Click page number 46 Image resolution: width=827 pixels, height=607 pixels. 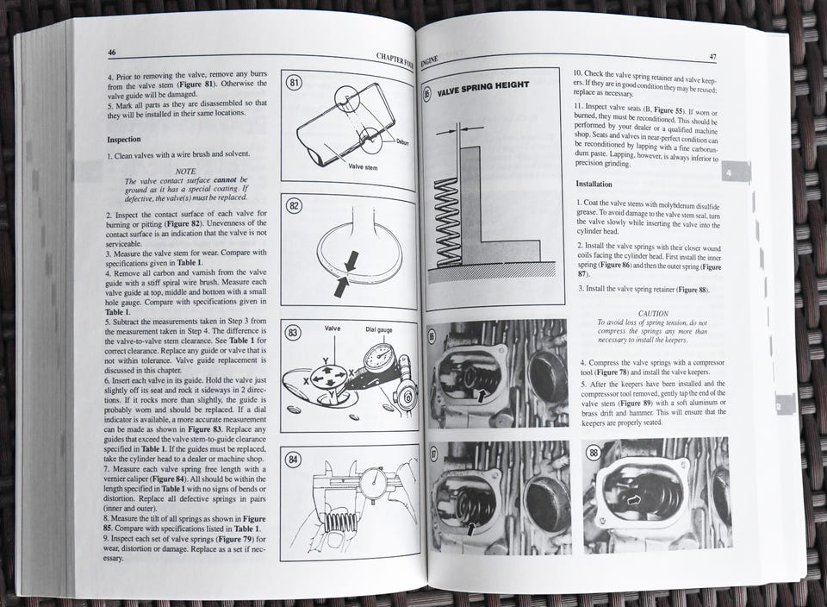point(112,53)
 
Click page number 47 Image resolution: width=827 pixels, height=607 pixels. point(712,57)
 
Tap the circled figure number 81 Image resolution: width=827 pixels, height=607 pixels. point(295,83)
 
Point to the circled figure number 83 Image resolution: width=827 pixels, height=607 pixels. point(293,333)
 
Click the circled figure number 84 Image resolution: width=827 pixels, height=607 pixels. point(293,460)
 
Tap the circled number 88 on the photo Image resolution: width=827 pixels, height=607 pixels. point(594,453)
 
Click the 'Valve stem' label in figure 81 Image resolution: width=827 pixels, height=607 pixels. point(363,166)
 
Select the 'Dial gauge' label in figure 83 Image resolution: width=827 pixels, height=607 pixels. point(379,330)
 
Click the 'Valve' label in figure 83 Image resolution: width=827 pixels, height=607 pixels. point(333,329)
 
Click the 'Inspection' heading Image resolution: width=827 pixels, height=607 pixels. point(124,140)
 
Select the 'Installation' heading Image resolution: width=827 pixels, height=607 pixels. point(594,185)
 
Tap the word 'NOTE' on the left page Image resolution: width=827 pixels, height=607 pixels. point(185,171)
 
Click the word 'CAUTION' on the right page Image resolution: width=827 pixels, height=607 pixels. point(653,313)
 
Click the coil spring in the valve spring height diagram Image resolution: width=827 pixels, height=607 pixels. point(446,222)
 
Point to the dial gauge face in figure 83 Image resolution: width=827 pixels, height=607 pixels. point(379,359)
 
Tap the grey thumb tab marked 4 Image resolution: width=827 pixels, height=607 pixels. point(735,172)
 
